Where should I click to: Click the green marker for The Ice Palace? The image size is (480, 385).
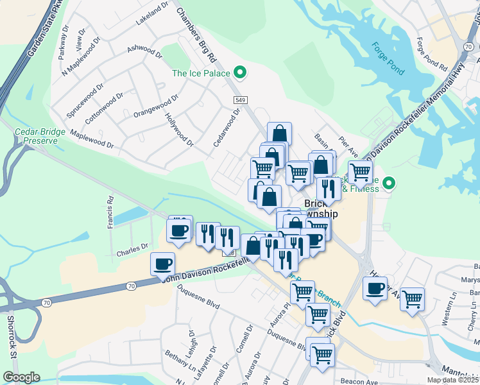[240, 73]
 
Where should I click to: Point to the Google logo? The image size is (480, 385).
[21, 377]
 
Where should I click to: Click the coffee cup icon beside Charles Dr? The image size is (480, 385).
[163, 263]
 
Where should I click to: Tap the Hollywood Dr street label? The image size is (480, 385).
[179, 128]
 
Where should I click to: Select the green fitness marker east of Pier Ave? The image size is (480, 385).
[388, 185]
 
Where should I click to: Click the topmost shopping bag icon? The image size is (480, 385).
[279, 133]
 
